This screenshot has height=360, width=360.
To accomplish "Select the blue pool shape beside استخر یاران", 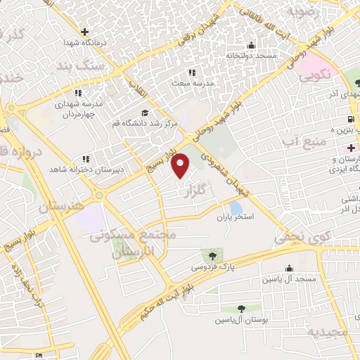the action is pyautogui.click(x=235, y=208).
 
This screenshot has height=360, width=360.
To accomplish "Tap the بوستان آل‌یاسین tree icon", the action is pyautogui.click(x=241, y=308).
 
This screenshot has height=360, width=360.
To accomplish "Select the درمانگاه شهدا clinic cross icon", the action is pyautogui.click(x=84, y=32).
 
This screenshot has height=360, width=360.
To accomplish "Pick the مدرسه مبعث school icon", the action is pyautogui.click(x=191, y=72).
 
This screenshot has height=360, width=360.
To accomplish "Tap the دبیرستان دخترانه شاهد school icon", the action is pyautogui.click(x=85, y=160).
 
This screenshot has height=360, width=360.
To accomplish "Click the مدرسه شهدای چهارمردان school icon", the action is pyautogui.click(x=78, y=93).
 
